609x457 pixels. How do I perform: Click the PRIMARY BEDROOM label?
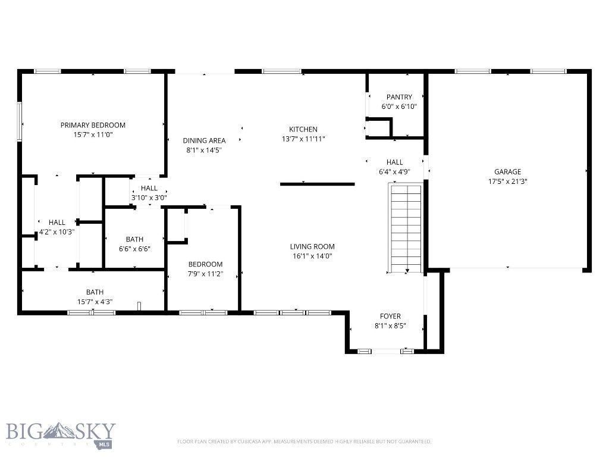pos(93,125)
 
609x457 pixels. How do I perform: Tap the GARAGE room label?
pos(507,172)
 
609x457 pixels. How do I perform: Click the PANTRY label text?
pos(399,97)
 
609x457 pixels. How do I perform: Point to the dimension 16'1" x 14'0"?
pos(312,256)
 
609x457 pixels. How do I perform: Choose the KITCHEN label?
pos(303,129)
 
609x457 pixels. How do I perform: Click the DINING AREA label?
pos(204,140)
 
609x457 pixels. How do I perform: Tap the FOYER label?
pos(390,316)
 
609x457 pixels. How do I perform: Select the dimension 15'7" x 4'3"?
pos(95,302)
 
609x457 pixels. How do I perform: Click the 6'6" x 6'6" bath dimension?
pos(134,249)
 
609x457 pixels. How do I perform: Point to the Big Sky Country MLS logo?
pos(61,435)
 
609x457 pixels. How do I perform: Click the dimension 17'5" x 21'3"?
pos(507,181)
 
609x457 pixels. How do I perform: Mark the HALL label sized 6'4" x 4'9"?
pos(394,162)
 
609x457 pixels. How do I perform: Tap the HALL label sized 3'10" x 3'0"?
pos(149,188)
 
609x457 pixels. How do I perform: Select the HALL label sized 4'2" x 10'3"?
pos(57,223)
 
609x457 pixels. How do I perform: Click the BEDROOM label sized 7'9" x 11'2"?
pos(205,264)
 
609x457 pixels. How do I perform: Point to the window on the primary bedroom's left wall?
pos(19,121)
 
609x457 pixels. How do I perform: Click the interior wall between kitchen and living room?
pos(317,184)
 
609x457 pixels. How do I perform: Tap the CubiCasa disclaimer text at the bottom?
pos(304,442)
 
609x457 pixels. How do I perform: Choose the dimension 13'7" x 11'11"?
pos(303,139)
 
